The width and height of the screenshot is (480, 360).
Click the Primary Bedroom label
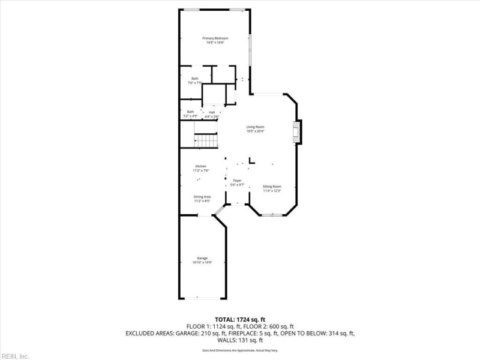click(215, 40)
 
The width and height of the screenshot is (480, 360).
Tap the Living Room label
click(255, 128)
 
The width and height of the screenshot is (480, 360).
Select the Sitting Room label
click(272, 188)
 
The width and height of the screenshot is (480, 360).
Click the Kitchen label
click(200, 168)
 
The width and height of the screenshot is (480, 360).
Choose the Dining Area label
click(202, 199)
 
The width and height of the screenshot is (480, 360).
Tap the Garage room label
click(202, 260)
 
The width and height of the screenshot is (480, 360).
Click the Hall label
click(212, 113)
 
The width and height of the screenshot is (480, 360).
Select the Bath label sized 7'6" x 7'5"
click(195, 80)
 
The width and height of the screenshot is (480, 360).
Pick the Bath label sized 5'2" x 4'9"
click(190, 113)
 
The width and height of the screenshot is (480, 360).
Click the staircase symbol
click(205, 141)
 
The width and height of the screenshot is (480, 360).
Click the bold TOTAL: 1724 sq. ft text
click(240, 319)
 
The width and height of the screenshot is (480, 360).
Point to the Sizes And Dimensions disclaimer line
click(240, 350)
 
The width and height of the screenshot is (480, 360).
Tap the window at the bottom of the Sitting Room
click(272, 214)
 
